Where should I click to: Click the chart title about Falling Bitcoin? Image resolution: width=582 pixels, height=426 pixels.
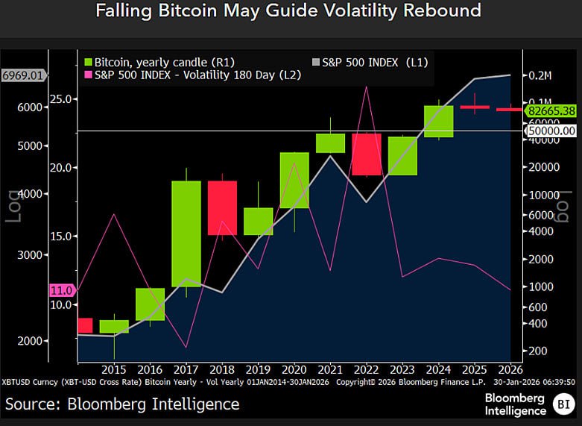[x=288, y=11]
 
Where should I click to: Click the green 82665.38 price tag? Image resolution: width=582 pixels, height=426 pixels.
[x=551, y=110]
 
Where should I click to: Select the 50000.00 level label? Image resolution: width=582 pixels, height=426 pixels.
[x=552, y=131]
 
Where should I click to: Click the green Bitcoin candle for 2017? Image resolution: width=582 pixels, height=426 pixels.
[x=186, y=234]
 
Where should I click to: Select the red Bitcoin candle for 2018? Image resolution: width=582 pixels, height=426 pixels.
[x=222, y=208]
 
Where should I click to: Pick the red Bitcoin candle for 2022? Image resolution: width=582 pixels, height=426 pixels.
[x=367, y=154]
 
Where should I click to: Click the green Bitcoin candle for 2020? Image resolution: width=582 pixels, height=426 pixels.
[x=294, y=180]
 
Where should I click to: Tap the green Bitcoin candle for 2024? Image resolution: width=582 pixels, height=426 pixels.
[x=439, y=122]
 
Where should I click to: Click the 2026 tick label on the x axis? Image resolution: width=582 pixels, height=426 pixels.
[x=510, y=369]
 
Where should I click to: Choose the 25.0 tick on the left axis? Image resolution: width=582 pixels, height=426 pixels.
[x=61, y=99]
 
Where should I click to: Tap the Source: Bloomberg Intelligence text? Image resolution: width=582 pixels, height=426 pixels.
[x=123, y=404]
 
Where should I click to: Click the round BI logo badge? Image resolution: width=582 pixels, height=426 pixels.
[x=563, y=405]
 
